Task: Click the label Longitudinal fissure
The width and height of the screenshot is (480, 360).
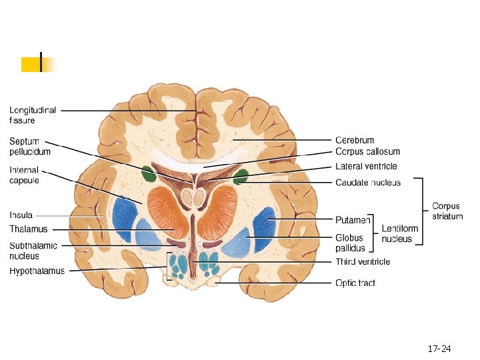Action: (33, 115)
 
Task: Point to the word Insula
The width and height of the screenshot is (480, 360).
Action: (21, 215)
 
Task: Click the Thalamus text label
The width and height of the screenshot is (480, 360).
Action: (29, 229)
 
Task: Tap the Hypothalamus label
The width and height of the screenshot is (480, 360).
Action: (37, 271)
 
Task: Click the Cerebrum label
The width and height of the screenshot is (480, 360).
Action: (355, 141)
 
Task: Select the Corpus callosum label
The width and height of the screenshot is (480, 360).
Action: (367, 152)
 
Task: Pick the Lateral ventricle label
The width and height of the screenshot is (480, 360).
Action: (366, 167)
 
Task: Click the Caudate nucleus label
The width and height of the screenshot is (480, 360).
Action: (367, 183)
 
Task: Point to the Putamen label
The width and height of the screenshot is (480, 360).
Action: (353, 219)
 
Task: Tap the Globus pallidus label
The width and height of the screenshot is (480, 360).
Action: (350, 243)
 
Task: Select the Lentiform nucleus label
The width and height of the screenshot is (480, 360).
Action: (400, 233)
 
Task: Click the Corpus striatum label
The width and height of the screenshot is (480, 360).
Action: (447, 211)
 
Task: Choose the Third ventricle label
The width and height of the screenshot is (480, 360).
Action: (363, 262)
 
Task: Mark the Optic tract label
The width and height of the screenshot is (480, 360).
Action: (355, 283)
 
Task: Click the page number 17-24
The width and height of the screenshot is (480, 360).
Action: (439, 349)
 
